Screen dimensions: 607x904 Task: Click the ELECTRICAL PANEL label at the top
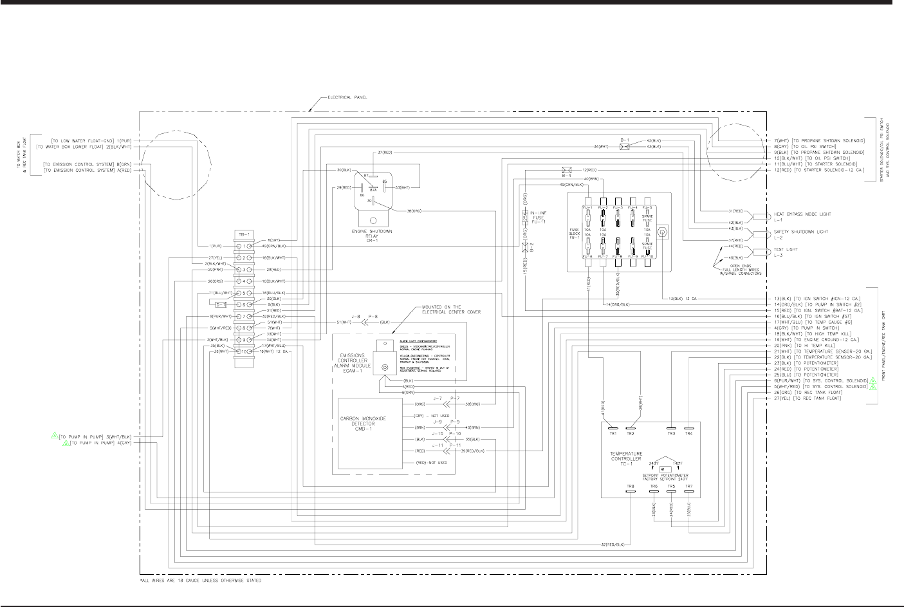(x=347, y=98)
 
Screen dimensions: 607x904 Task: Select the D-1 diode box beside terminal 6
(x=219, y=304)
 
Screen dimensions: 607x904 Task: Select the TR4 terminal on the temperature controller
(x=689, y=430)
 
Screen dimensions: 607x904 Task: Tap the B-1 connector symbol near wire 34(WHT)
(x=624, y=147)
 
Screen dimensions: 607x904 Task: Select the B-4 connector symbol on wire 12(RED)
(x=567, y=171)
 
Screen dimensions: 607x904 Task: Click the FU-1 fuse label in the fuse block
(x=587, y=207)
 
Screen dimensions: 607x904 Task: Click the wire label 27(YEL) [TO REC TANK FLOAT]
(x=809, y=398)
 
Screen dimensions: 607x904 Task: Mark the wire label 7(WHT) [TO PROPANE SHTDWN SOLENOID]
(x=820, y=140)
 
